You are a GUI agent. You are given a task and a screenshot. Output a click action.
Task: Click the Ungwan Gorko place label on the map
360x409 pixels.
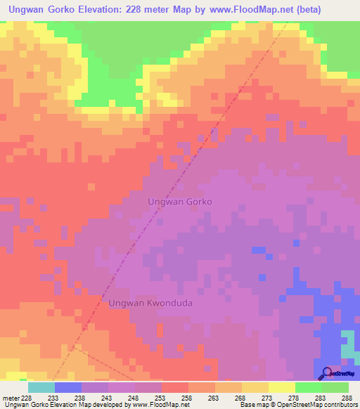(180, 201)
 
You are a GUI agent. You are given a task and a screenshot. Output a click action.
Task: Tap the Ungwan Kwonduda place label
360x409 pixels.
(151, 303)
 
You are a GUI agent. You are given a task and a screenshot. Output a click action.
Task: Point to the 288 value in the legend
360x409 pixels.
(347, 397)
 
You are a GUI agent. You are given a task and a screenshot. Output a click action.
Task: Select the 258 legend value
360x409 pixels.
(188, 397)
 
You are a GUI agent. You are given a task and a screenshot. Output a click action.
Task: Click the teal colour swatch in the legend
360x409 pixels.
(41, 387)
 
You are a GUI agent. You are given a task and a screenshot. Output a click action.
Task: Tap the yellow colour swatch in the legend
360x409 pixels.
(281, 387)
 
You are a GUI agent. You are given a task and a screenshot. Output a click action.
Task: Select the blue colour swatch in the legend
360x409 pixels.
(68, 387)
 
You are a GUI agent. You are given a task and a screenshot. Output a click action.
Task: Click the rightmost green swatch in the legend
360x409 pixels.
(335, 387)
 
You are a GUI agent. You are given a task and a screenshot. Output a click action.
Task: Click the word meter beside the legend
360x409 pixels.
(11, 397)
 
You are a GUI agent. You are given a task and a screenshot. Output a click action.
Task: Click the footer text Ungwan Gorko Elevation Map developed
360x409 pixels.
(63, 405)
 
